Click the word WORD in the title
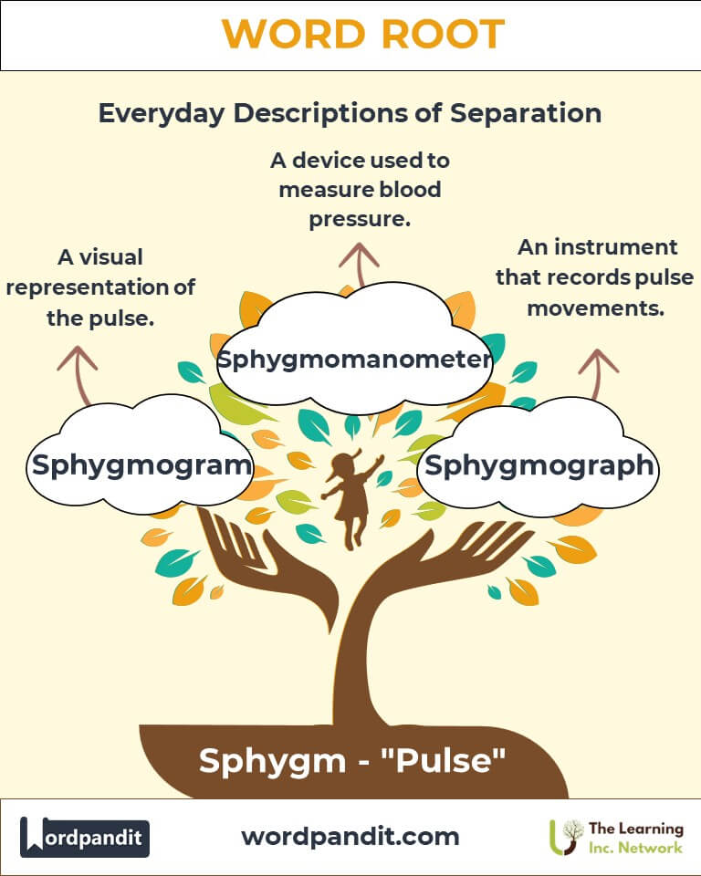tap(288, 35)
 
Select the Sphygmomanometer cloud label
tap(354, 359)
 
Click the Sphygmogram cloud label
tap(141, 464)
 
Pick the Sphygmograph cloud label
tap(539, 464)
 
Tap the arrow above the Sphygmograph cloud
tap(599, 370)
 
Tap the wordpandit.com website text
tap(350, 836)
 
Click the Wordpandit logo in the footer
tap(85, 837)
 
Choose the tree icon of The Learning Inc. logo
tap(568, 836)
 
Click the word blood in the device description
tap(401, 190)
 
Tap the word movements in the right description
tap(594, 308)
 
